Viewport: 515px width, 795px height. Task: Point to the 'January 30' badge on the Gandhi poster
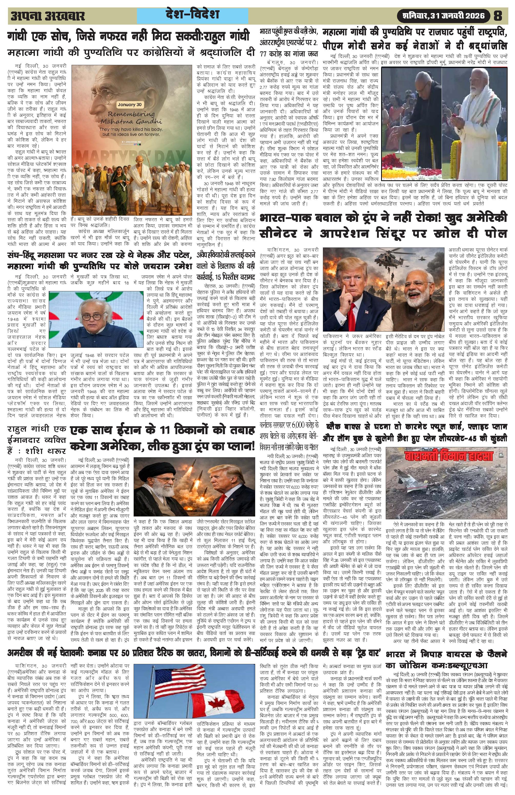(132, 105)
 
